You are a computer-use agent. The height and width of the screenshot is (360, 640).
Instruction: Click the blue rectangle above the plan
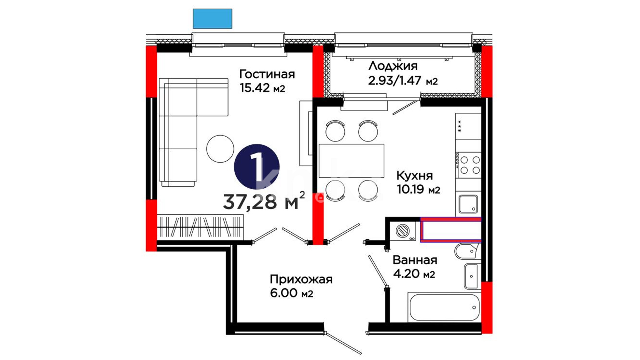tap(212, 19)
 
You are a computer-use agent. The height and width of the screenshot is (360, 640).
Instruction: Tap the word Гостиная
tap(267, 74)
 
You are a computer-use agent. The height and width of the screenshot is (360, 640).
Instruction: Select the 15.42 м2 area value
tap(262, 88)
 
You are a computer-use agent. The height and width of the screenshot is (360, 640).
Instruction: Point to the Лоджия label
tap(393, 66)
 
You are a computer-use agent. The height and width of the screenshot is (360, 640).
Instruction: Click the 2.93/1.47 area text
tap(395, 80)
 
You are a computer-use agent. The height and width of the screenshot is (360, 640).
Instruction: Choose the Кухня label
tap(414, 175)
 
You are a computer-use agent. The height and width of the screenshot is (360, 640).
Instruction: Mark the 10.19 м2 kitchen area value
tap(418, 189)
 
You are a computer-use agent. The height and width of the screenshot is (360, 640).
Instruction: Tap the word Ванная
tap(415, 260)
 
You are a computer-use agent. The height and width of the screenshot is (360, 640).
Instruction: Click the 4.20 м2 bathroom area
tap(414, 274)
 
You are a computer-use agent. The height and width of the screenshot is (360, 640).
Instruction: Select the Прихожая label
tap(301, 279)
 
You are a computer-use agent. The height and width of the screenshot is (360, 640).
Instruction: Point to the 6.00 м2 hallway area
tap(292, 293)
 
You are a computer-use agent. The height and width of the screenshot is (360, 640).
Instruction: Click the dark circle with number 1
tap(257, 167)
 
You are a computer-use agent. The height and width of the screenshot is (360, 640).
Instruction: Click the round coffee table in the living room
tap(220, 149)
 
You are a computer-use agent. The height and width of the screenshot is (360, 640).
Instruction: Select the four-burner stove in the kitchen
tap(468, 165)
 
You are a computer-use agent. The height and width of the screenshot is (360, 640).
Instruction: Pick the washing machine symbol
tap(403, 231)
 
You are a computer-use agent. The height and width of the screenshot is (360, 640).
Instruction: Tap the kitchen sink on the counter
tap(468, 204)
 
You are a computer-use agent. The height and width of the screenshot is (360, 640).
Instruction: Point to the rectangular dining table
tap(351, 161)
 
